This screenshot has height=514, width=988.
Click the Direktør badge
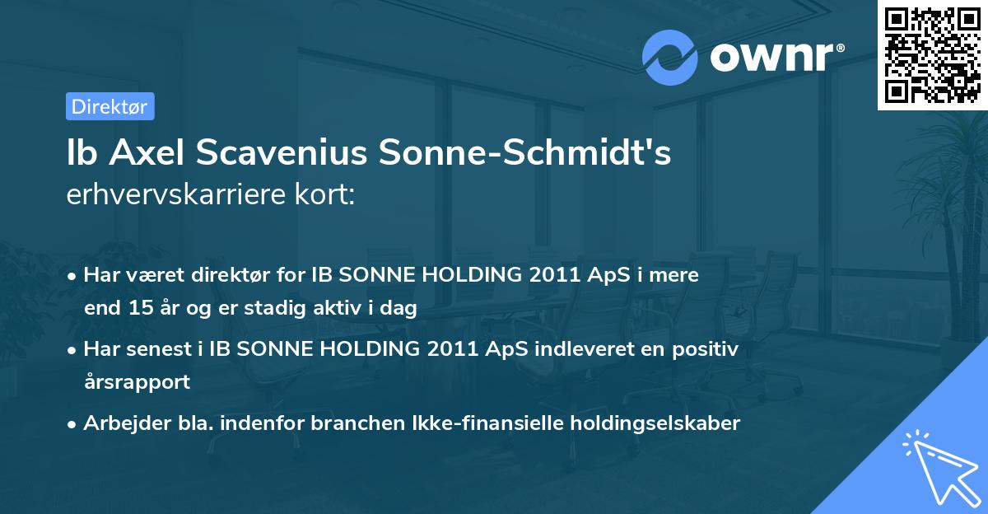pyautogui.click(x=110, y=106)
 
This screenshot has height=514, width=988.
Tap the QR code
pyautogui.click(x=932, y=54)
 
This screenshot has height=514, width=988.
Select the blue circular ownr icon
pyautogui.click(x=670, y=57)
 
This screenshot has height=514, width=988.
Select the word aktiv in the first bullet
pyautogui.click(x=339, y=309)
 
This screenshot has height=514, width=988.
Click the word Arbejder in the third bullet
pyautogui.click(x=122, y=423)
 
